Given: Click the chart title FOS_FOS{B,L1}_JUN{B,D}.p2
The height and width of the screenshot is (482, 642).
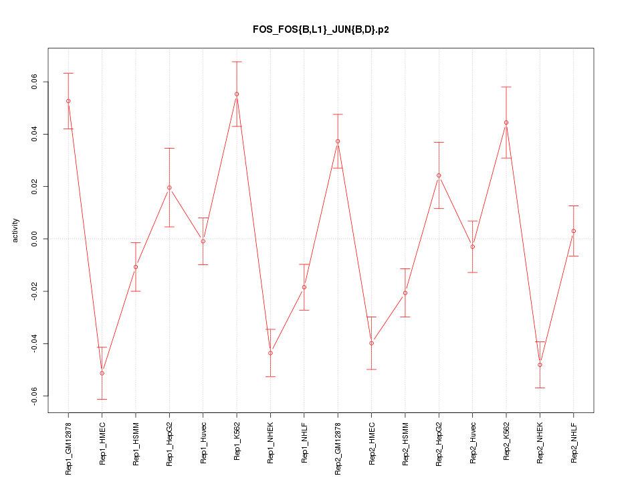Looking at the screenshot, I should (320, 29).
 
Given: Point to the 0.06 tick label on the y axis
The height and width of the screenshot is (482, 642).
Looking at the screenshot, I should (35, 82).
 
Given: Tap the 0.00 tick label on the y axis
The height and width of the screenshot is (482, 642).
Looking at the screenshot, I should (35, 239).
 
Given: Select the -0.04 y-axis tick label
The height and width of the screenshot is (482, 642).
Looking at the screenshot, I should (35, 343).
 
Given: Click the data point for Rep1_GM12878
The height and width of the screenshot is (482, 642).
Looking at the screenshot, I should (68, 101).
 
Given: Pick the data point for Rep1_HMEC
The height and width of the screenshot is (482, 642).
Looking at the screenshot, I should (102, 373).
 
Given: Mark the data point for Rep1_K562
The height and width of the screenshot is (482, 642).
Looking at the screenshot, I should (237, 94).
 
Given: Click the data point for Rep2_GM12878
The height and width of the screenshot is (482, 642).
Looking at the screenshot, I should (338, 141).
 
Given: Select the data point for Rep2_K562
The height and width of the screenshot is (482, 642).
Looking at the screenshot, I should (506, 123).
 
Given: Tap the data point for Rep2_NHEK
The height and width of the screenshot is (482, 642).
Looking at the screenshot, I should (540, 365).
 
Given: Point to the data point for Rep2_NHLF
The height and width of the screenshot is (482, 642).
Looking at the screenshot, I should (574, 231).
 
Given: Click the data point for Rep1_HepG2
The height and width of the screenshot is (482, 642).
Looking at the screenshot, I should (169, 187).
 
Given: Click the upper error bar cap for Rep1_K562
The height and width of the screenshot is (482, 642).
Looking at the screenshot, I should (237, 62).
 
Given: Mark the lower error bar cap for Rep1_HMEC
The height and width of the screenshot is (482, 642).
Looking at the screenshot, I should (102, 399).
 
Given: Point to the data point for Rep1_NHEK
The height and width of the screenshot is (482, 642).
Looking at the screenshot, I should (270, 353).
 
